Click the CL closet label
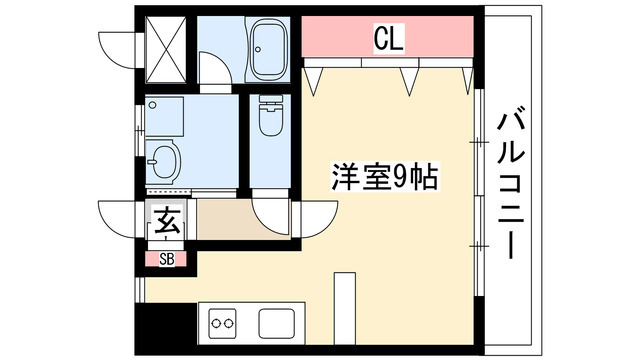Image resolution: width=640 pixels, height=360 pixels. tap(388, 40)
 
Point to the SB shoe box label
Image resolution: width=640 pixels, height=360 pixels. tap(166, 260)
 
